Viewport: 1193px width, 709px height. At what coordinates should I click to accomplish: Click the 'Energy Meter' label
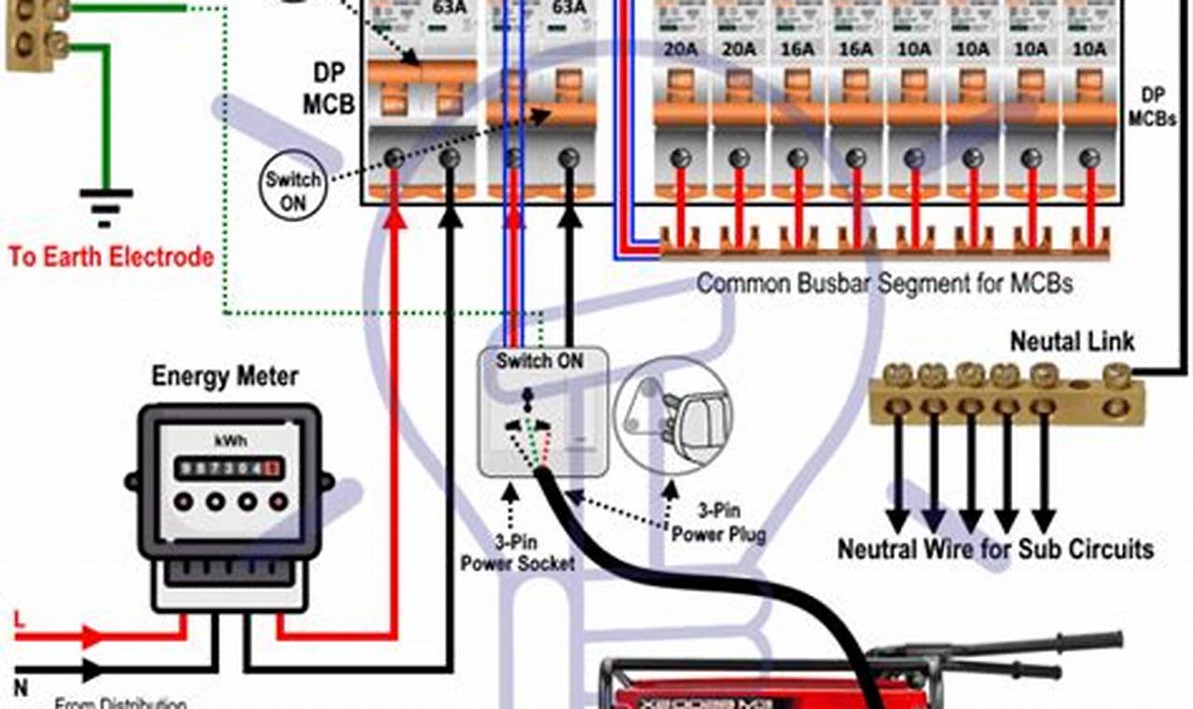pyautogui.click(x=225, y=377)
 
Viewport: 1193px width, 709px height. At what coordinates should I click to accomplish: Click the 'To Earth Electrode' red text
pyautogui.click(x=111, y=257)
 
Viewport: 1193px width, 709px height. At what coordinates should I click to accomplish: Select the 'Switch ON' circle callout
pyautogui.click(x=292, y=191)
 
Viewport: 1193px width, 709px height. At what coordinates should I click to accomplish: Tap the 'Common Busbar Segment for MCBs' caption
pyautogui.click(x=884, y=282)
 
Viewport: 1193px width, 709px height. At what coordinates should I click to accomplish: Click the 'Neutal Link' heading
pyautogui.click(x=1073, y=341)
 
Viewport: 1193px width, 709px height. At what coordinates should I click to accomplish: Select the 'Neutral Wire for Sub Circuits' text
pyautogui.click(x=995, y=549)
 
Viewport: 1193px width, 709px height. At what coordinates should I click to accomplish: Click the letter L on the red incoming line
pyautogui.click(x=20, y=619)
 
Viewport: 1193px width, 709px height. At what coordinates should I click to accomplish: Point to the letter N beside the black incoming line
pyautogui.click(x=20, y=688)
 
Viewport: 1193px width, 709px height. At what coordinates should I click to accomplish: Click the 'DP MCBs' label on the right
pyautogui.click(x=1151, y=107)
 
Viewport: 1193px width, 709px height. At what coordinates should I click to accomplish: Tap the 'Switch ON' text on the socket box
pyautogui.click(x=540, y=360)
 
